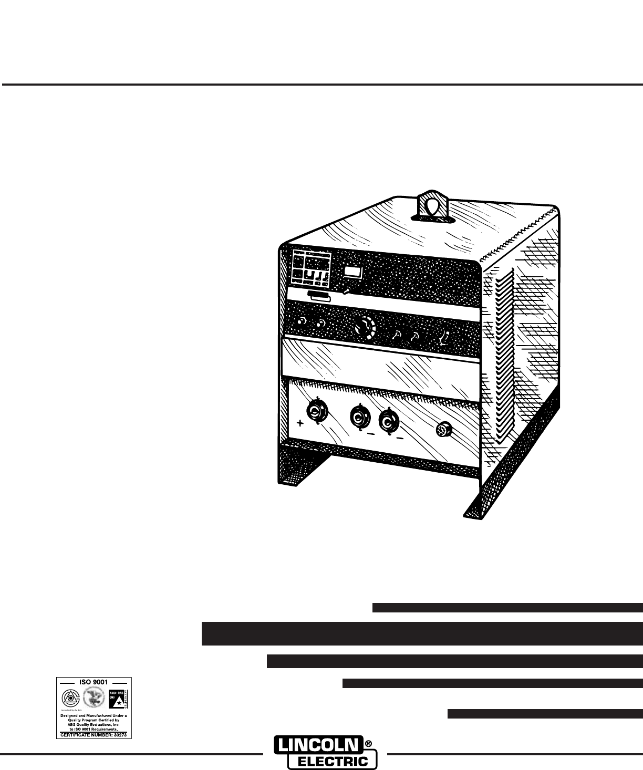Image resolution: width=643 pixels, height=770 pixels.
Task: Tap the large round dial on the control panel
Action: (x=363, y=328)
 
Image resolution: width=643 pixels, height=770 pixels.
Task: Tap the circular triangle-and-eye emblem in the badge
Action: (x=69, y=697)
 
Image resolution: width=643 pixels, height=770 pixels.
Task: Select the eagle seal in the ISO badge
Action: (x=94, y=697)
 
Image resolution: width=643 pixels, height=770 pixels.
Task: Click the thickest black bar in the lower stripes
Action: (x=422, y=633)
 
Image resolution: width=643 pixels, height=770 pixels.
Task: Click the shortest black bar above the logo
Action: (x=545, y=713)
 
